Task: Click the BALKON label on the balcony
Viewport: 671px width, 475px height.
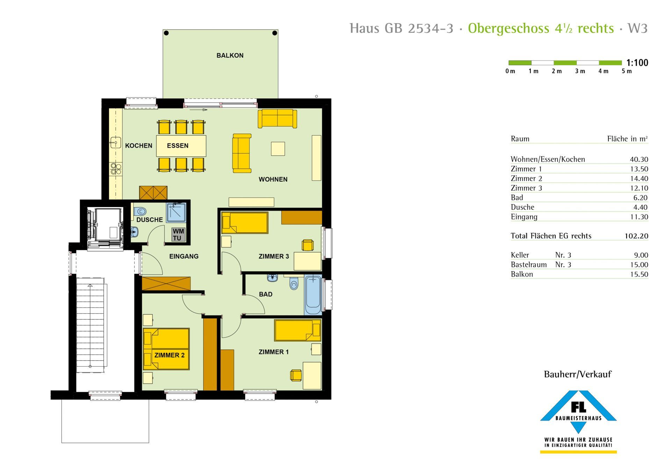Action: (230, 55)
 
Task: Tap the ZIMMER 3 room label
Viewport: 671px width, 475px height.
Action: (274, 256)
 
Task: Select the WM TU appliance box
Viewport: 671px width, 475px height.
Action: (178, 235)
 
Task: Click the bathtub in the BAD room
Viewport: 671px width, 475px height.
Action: (313, 295)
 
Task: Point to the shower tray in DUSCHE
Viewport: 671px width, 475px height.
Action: (176, 212)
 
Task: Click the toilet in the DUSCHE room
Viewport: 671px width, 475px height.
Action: (140, 211)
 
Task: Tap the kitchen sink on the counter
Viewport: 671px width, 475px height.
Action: (115, 142)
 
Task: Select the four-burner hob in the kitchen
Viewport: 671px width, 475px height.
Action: (116, 169)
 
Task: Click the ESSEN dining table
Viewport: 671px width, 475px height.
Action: (181, 146)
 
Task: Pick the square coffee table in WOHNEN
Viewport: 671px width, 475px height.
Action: (278, 149)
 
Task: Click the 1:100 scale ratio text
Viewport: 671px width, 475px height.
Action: (637, 63)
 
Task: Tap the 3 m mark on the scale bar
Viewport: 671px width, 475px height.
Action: (580, 71)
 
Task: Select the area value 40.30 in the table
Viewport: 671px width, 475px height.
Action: (639, 159)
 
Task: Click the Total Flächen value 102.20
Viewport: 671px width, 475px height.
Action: (636, 236)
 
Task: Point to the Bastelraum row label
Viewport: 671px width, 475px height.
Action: (529, 265)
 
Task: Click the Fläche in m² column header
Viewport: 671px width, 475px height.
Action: (628, 139)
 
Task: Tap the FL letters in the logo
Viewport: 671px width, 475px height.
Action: (578, 407)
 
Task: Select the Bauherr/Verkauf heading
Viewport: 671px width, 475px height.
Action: (578, 374)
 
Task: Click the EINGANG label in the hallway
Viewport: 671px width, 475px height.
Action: (184, 256)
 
